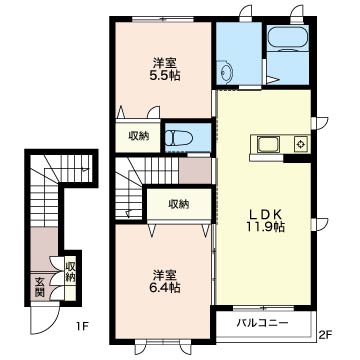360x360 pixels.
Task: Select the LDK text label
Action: coord(265,213)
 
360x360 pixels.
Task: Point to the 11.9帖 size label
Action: coord(265,227)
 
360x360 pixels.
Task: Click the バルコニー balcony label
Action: coord(263,323)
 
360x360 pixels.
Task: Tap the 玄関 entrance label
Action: coord(40,287)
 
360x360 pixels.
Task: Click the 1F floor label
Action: coord(82,325)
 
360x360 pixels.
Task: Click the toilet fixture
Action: coord(180,138)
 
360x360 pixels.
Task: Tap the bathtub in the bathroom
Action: coord(288,38)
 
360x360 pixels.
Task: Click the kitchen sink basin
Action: coord(269,145)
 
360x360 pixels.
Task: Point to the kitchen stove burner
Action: coord(301,144)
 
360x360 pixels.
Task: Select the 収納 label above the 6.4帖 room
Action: coord(179,203)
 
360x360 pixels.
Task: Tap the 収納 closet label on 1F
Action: coord(70,272)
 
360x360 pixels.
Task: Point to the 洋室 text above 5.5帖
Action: coord(165,63)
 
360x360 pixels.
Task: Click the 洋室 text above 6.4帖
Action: coord(164,275)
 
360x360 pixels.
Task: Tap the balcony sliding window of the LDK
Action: coord(263,308)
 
